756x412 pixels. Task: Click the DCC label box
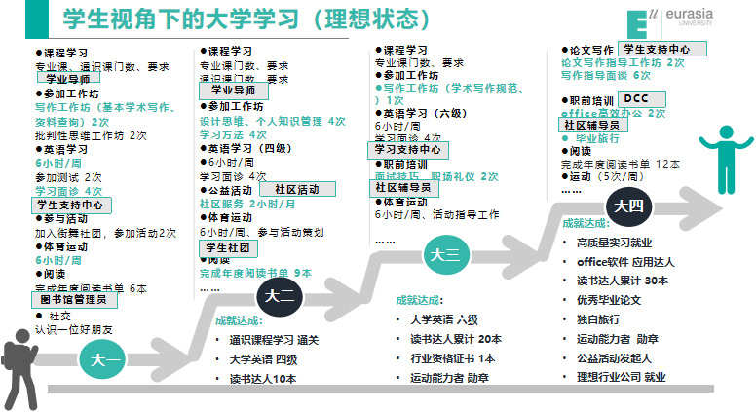635,98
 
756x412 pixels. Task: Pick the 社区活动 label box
297,189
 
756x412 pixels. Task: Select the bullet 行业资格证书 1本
452,357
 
